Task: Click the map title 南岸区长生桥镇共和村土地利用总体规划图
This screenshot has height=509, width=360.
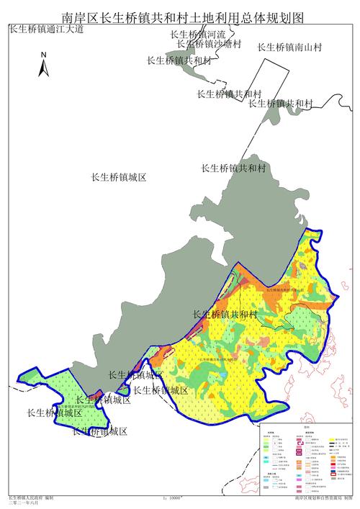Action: [x=180, y=16]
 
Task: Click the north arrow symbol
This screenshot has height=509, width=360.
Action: [x=44, y=67]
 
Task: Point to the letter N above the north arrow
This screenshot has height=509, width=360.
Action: [x=44, y=55]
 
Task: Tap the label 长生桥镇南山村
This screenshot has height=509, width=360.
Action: [x=288, y=48]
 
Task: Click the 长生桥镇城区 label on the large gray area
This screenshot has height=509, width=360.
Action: [x=119, y=177]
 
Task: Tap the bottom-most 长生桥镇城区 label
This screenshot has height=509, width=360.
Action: [x=100, y=432]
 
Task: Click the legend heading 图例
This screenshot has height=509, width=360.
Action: [x=306, y=428]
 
